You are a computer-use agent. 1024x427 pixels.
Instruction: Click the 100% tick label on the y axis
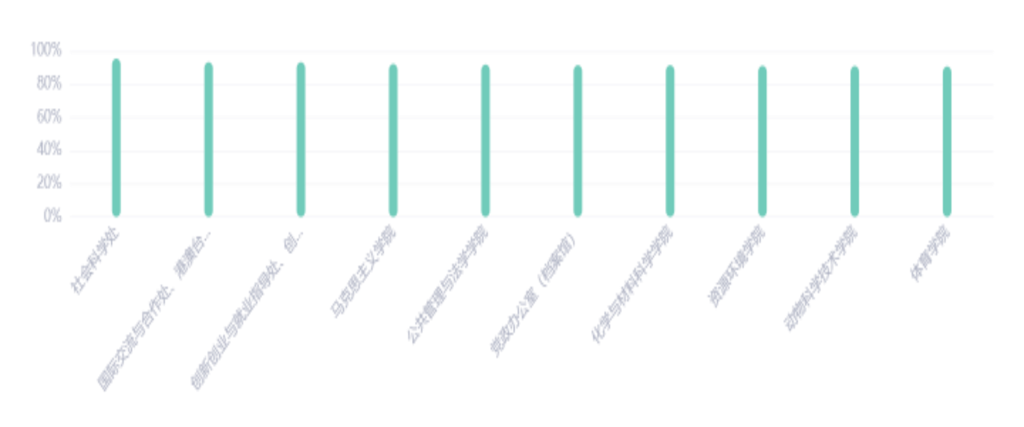pos(47,52)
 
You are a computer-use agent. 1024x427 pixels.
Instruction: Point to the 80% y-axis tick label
pos(50,85)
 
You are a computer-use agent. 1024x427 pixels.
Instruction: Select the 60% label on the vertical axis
pos(50,117)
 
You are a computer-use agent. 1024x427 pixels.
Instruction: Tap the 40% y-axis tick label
pos(50,151)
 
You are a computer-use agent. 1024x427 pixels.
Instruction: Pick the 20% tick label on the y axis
pos(50,184)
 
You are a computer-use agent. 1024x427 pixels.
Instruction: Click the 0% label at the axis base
pos(53,217)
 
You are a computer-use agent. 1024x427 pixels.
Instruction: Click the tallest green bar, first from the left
pos(116,137)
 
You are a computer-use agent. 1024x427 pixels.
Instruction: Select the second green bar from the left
pos(208,138)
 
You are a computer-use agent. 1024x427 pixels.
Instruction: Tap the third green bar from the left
pos(301,138)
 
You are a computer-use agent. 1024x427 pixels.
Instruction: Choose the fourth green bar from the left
pos(393,139)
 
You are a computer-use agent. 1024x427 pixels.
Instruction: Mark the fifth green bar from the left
pos(485,139)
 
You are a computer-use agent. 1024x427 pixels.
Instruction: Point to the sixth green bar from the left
pos(578,140)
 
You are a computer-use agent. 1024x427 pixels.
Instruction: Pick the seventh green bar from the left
pos(670,140)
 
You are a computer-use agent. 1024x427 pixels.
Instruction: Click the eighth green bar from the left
pos(763,140)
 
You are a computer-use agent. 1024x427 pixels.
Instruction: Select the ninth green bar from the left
pos(855,140)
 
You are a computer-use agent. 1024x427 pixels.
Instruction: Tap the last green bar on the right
pos(947,140)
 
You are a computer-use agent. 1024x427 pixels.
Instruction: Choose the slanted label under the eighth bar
pos(737,267)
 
